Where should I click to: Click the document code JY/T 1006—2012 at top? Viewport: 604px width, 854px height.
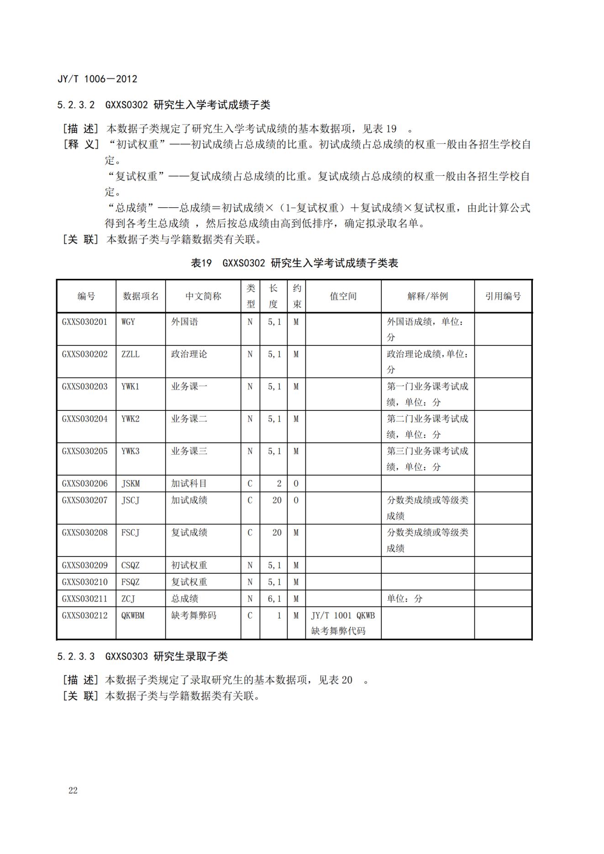coord(97,79)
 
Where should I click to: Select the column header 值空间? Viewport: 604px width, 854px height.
coord(343,296)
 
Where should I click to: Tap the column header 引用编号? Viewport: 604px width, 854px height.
coord(503,296)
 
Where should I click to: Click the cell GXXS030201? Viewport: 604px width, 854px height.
coord(85,322)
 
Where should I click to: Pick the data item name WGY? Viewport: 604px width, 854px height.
coord(128,322)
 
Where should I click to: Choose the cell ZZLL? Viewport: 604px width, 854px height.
coord(131,354)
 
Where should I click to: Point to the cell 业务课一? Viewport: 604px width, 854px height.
coord(189,387)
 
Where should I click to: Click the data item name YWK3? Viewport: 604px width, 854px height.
coord(131,451)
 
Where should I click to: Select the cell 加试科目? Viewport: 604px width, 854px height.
coord(189,484)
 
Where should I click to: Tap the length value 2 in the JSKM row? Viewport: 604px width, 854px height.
coord(278,484)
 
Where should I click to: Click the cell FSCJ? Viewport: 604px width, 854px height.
coord(131,533)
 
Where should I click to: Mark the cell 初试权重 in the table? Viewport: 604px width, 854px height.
coord(189,566)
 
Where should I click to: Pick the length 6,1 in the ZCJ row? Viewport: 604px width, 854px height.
coord(274,599)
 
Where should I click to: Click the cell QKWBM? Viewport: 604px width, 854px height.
coord(133,616)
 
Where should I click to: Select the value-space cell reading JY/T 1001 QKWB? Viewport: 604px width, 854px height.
coord(343,616)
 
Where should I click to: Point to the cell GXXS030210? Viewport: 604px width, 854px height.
coord(85,582)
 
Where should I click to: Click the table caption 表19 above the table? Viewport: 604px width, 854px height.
coord(201,263)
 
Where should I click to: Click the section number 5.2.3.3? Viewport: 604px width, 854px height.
coord(76,657)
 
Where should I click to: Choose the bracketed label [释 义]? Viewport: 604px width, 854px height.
coord(81,145)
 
